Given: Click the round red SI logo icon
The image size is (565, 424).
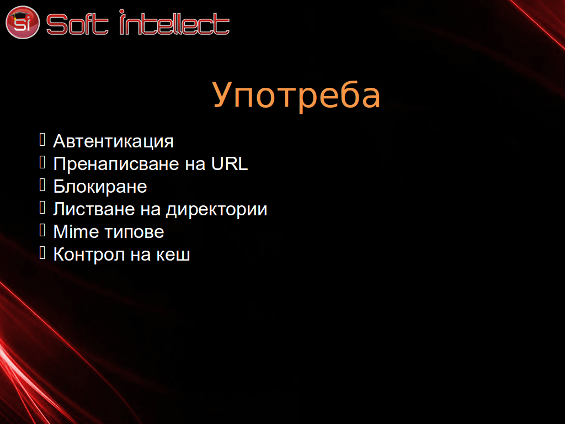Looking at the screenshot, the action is coord(22,22).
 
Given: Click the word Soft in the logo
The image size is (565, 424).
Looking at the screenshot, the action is coord(77,24).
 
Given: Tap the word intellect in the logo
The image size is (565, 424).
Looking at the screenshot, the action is coord(174,22).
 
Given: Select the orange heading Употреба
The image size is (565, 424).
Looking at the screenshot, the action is coord(296,95).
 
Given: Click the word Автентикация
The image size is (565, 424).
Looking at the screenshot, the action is coord(113,141).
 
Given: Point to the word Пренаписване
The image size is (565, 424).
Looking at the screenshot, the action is coord(116,164).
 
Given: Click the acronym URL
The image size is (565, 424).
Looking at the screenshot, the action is coord(230,163).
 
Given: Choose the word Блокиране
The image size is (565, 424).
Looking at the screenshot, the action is coord(100,187).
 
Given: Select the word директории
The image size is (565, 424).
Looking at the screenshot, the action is coord(216,210).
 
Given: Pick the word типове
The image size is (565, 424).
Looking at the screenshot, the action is coord(136,232).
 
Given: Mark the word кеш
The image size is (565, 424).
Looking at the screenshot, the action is coord(173,255).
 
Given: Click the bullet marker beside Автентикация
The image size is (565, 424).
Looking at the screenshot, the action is coord(42,140).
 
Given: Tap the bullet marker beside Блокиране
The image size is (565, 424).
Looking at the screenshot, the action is coord(42,185).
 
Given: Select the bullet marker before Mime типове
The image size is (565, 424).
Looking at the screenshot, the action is coord(42,230).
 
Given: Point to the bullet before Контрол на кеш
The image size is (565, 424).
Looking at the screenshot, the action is coord(42,253).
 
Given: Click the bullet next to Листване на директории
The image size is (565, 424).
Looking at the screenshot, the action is coord(42,208).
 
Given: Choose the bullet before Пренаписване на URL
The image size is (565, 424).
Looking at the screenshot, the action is coord(42,162).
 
